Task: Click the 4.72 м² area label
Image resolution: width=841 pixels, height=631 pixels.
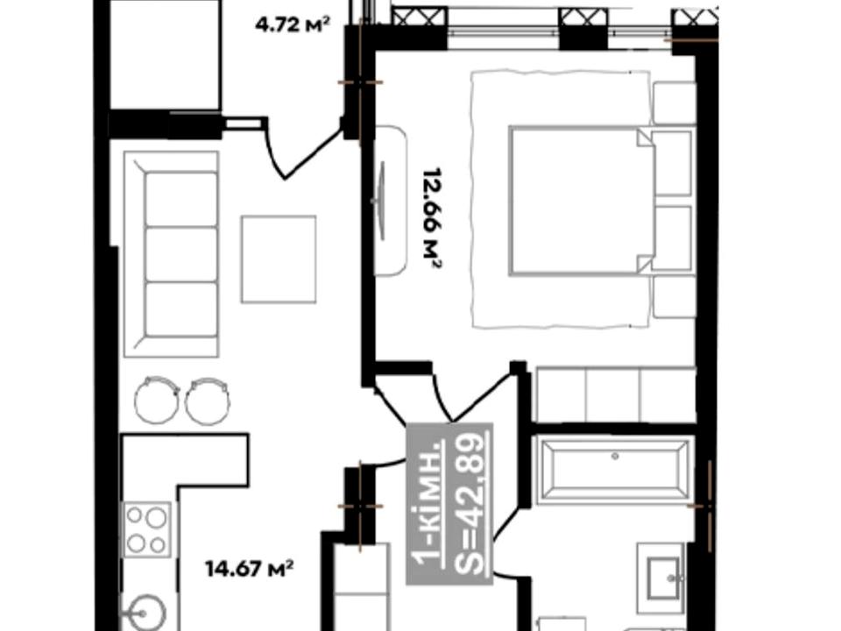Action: coord(292,25)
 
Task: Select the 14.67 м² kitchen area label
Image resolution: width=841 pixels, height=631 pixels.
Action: coord(250,568)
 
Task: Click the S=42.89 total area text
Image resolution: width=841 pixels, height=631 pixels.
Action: coord(472,503)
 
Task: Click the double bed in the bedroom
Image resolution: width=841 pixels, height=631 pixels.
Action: coord(582,201)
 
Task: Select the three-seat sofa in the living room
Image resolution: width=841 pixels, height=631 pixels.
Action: coord(171,254)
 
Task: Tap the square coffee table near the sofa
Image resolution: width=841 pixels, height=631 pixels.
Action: coord(279,259)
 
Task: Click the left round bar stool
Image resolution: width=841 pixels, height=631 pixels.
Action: coord(157,400)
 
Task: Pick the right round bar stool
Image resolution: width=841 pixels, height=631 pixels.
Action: coord(208,401)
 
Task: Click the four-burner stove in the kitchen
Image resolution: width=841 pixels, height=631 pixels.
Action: coord(147,529)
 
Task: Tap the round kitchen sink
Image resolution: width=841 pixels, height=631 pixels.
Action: coord(142,613)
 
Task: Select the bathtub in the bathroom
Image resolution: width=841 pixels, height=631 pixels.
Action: coord(615,471)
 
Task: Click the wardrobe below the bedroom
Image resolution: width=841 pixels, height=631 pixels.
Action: coord(615,395)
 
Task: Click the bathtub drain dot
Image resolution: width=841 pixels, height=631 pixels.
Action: coord(615,457)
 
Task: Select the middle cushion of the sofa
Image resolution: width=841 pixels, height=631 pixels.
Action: coord(181,254)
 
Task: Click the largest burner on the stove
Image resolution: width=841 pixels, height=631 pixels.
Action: coord(156,518)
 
